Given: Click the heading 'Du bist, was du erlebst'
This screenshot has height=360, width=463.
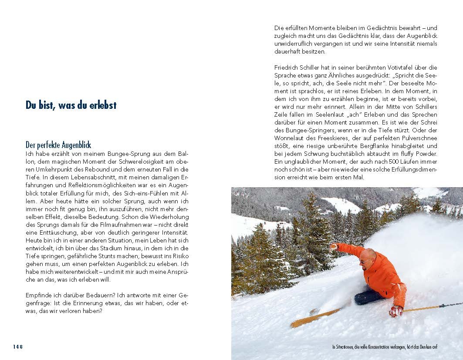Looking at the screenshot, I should [x=71, y=105].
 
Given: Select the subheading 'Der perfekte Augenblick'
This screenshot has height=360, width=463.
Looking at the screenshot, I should [x=58, y=145].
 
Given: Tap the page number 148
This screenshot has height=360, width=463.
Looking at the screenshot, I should [x=17, y=347].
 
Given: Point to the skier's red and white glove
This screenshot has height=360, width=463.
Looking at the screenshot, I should [x=396, y=311].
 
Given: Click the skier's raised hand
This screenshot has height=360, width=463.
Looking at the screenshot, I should [x=334, y=247].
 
